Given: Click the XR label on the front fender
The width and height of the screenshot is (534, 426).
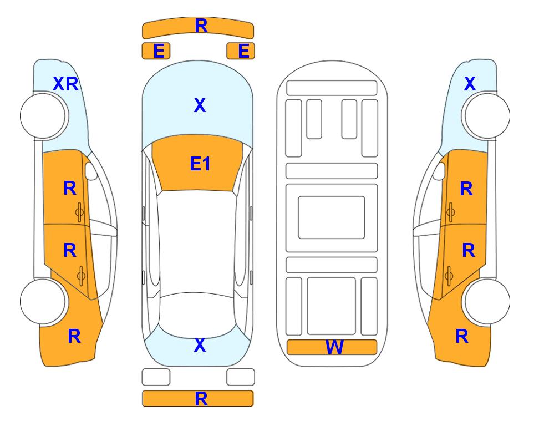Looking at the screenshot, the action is (x=66, y=84).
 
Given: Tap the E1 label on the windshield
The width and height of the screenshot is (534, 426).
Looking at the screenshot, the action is (x=200, y=163).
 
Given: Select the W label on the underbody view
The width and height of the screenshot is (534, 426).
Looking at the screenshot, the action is (x=334, y=347).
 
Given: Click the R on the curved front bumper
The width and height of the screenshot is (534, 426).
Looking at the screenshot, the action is (x=201, y=26).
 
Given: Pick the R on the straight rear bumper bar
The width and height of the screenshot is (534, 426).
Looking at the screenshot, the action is (x=201, y=399).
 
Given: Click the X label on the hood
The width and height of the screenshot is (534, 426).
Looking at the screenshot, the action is (x=200, y=105).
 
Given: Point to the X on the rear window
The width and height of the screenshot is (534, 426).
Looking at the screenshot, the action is (x=200, y=345).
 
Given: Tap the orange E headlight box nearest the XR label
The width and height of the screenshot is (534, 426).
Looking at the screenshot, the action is (x=156, y=51).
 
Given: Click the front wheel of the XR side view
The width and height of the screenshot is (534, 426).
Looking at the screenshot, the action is (x=43, y=116).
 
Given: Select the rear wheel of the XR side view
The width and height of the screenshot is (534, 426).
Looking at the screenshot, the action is (x=43, y=302).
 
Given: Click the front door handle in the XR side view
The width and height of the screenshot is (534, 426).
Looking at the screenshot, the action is (x=79, y=212).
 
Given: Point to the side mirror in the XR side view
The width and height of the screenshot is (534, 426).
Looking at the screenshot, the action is (x=91, y=171).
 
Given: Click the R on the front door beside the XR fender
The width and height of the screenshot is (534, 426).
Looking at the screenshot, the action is (x=70, y=188).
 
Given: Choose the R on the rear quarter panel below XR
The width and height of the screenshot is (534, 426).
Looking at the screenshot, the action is (x=74, y=336).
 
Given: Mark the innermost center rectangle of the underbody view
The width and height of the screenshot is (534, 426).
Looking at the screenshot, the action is (x=332, y=217).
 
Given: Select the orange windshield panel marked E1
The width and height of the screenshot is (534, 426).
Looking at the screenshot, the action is (x=198, y=163).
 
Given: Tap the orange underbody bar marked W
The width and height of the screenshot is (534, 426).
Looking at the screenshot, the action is (x=332, y=347).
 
